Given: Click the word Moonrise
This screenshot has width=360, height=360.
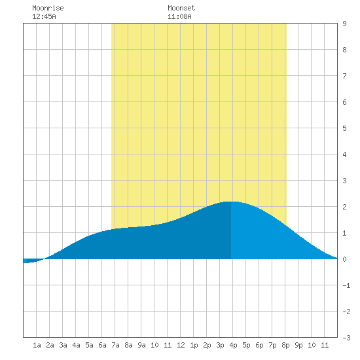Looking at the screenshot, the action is coord(48,8).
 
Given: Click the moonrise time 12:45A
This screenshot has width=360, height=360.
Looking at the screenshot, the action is coord(44,16).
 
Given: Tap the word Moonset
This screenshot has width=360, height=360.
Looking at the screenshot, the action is coord(181,8).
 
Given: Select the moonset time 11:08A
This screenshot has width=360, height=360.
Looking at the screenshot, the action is coord(179,16).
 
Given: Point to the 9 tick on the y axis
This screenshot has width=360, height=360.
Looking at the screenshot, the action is coord(344,24).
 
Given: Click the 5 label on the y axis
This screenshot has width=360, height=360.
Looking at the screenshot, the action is coord(344,128).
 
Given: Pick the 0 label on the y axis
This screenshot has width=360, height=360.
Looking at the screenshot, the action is coord(344,259).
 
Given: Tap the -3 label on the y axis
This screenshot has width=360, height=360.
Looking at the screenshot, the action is coord(346,338).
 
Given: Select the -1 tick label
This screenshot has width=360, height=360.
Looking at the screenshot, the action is coord(346,285).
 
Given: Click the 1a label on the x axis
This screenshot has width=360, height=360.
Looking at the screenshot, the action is coord(37,345).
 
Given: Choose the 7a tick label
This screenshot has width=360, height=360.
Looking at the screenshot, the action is coord(115,345).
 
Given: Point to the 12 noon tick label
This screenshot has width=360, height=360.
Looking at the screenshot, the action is coord(181,345).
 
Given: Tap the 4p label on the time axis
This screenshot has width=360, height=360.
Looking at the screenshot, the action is coord(233,345).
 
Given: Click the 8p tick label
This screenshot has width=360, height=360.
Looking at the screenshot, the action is coord(285,345).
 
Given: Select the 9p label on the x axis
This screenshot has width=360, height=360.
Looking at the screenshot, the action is coord(298,345).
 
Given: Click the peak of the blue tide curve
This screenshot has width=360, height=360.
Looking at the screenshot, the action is coord(232,202).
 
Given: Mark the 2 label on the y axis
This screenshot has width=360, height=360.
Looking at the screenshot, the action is coord(344,207).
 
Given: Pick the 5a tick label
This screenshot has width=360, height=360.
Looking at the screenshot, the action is coord(89,345).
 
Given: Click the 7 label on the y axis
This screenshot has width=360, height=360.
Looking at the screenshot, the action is coord(344,76).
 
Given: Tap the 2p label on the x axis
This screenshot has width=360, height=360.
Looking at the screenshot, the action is coord(207,345).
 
